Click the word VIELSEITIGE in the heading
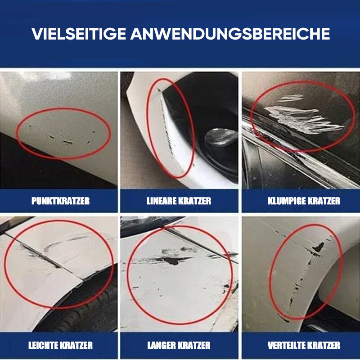pos(79,34)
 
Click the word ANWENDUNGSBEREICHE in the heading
pos(230,34)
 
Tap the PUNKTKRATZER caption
pos(60,201)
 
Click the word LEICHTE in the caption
pos(43,345)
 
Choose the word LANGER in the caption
pos(162,345)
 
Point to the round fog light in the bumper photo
pos(221,137)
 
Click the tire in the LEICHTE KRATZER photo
pos(92,310)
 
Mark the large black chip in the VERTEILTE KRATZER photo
pos(319,247)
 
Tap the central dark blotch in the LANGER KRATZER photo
pos(172,261)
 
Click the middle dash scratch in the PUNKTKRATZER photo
pos(68,142)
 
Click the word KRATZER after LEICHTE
pos(76,345)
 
